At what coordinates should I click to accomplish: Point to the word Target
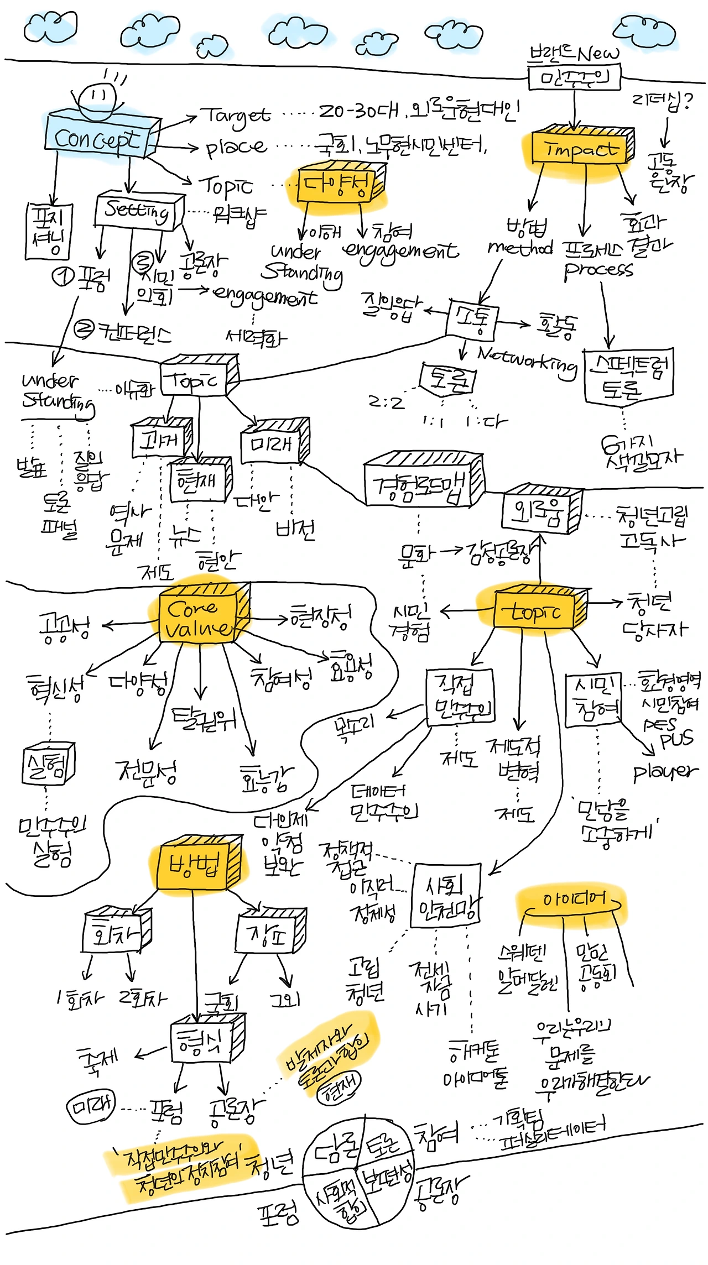pos(235,116)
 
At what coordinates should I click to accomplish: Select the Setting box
pos(138,210)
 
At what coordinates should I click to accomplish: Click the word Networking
pos(527,362)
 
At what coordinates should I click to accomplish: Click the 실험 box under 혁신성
pos(49,765)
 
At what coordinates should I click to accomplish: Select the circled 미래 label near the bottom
pos(91,1106)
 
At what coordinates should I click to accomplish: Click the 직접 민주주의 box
pos(458,697)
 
